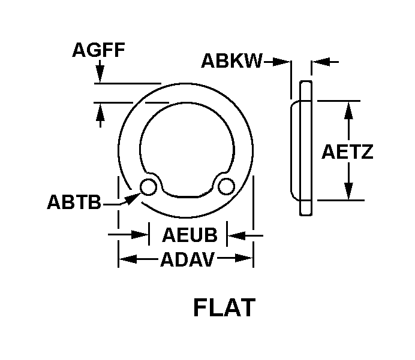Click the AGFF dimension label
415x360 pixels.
(x=98, y=50)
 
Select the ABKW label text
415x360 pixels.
(x=232, y=60)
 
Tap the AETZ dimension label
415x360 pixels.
(x=347, y=152)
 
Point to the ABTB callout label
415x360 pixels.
(x=74, y=202)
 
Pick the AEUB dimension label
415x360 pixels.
(x=190, y=235)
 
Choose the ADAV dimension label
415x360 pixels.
(x=187, y=259)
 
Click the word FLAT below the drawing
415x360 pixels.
(x=224, y=307)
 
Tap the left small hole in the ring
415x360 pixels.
(x=148, y=187)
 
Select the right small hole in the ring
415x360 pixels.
(x=226, y=187)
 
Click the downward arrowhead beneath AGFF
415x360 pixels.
(x=100, y=75)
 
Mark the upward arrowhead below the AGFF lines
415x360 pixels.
(x=100, y=111)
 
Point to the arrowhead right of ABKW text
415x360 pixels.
(x=282, y=62)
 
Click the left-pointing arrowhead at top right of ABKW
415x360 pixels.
(x=320, y=62)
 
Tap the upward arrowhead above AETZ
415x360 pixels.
(x=349, y=110)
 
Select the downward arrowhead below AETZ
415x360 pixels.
(x=349, y=191)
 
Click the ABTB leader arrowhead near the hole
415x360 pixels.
(x=132, y=198)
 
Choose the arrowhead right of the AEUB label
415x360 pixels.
(x=236, y=235)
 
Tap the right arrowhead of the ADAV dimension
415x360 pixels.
(x=243, y=258)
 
